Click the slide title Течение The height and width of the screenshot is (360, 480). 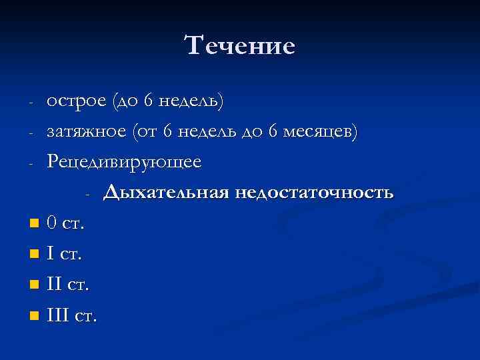point(239,46)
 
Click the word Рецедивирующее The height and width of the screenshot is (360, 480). point(123,162)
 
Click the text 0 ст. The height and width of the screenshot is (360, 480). point(65,223)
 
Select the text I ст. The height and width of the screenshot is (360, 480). point(65,254)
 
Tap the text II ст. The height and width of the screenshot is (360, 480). point(68,285)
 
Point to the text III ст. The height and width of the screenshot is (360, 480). point(72,315)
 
